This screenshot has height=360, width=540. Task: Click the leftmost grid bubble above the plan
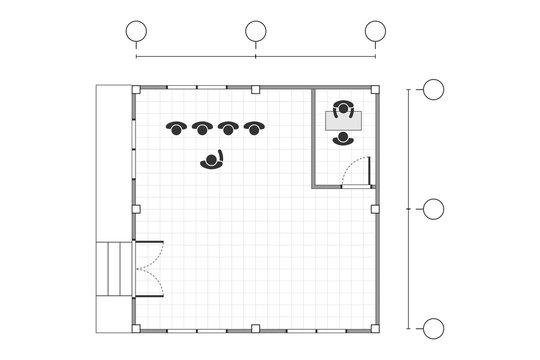(x=136, y=32)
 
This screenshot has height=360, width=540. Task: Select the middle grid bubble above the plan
(x=256, y=32)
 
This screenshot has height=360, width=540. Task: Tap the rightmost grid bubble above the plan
(x=376, y=32)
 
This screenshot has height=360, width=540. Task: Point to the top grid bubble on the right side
(x=433, y=90)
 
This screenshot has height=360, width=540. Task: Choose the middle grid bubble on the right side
(x=433, y=209)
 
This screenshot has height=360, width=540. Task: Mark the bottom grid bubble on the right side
(x=433, y=328)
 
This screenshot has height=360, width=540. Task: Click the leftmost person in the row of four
(x=176, y=127)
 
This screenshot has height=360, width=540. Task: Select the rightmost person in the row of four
(x=254, y=127)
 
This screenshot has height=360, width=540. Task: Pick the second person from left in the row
(x=202, y=127)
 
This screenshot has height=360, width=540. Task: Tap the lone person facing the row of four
(x=213, y=159)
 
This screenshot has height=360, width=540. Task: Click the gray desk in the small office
(x=343, y=122)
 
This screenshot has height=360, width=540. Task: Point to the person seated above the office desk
(x=343, y=106)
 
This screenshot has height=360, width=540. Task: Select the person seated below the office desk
(x=343, y=139)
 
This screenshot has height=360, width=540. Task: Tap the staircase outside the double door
(x=115, y=268)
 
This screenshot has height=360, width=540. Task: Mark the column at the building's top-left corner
(x=135, y=90)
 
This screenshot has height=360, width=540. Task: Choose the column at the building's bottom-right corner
(x=376, y=328)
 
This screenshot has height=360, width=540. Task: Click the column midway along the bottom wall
(x=256, y=328)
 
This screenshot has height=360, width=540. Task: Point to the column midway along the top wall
(x=256, y=90)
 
